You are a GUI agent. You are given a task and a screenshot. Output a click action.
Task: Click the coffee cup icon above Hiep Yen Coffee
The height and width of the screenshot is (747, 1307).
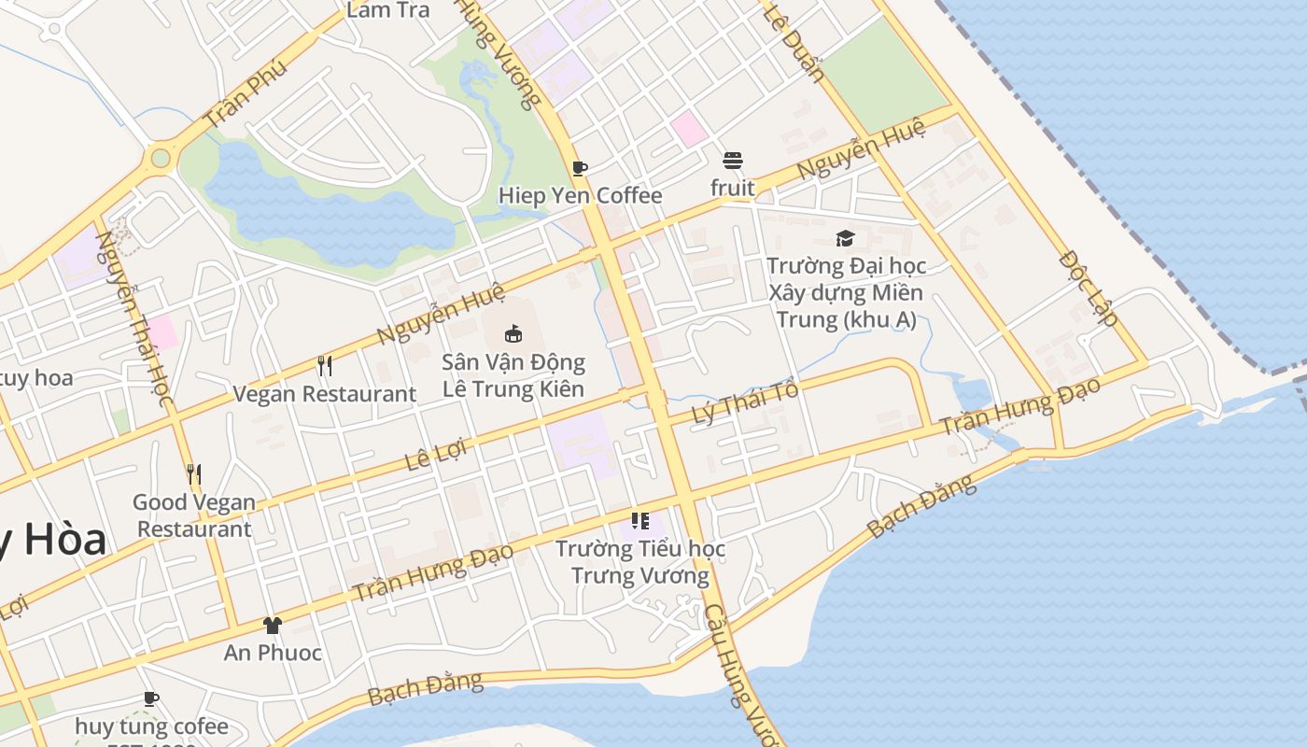click(x=580, y=168)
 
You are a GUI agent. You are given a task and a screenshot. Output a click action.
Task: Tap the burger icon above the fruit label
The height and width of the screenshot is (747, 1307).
click(x=732, y=160)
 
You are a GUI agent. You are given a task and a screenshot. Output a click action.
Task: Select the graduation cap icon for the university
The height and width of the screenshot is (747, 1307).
click(x=845, y=238)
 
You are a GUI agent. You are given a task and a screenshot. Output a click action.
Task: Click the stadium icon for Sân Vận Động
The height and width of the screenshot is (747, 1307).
click(x=513, y=333)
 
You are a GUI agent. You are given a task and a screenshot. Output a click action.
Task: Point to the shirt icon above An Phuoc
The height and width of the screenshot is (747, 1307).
click(x=272, y=625)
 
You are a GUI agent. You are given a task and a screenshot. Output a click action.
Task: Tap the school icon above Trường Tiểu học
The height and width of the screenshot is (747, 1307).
click(x=639, y=520)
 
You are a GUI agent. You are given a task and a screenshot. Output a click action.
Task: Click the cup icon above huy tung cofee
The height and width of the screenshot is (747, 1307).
click(x=151, y=698)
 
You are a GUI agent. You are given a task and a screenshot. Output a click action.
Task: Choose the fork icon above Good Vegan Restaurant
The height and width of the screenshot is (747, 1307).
click(x=193, y=474)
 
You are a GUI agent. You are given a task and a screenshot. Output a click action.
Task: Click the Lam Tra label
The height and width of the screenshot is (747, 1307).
click(x=387, y=10)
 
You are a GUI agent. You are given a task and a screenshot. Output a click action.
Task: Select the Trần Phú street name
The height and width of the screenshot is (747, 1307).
click(x=245, y=95)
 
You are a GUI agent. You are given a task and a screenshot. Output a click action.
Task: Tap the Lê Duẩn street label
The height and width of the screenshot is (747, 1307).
click(x=793, y=42)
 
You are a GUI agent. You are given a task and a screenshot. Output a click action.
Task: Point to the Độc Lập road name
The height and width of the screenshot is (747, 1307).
click(x=1089, y=288)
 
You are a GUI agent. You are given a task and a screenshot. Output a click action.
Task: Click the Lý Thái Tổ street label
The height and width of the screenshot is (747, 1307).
click(x=745, y=402)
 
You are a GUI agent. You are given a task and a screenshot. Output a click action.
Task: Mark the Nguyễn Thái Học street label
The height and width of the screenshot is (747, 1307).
click(x=134, y=318)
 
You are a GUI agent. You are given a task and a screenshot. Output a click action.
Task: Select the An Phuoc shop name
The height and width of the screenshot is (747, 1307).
click(x=273, y=653)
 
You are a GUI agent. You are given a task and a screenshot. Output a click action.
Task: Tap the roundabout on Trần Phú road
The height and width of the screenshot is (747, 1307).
click(x=161, y=158)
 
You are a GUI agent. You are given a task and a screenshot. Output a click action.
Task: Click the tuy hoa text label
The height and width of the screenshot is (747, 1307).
click(x=35, y=378)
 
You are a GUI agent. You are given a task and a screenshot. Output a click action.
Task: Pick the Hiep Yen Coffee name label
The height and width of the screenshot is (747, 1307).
click(x=580, y=195)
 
